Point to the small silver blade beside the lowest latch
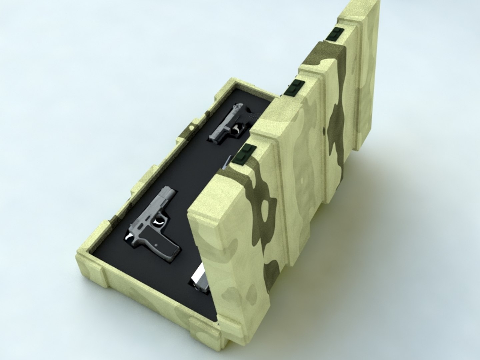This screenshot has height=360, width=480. pos(227,162)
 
